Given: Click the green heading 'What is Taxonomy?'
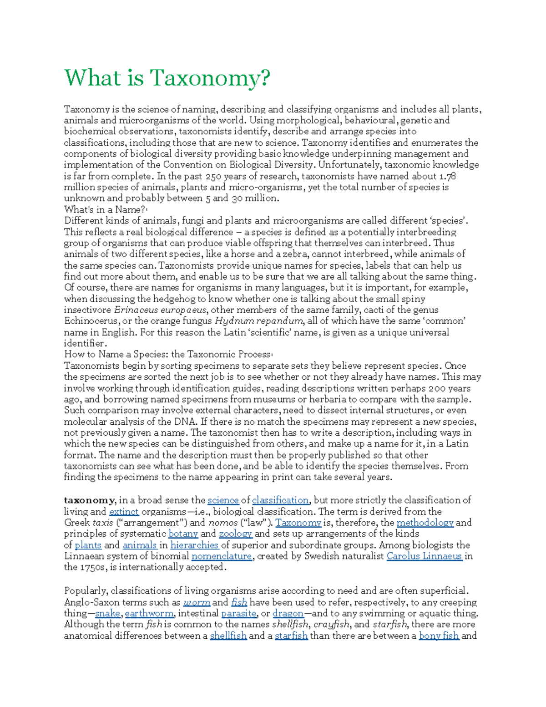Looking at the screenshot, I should pyautogui.click(x=167, y=78).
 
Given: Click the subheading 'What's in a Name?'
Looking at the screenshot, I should pyautogui.click(x=105, y=210).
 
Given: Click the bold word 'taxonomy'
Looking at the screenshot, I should pyautogui.click(x=89, y=500).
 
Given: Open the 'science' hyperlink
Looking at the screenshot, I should pyautogui.click(x=223, y=500).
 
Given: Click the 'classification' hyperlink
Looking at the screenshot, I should pyautogui.click(x=280, y=500).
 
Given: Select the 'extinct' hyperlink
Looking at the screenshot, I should pyautogui.click(x=124, y=512).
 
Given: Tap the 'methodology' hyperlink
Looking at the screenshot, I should pyautogui.click(x=425, y=523).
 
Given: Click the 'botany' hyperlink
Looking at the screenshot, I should pyautogui.click(x=183, y=534).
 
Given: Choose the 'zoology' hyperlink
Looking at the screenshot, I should pyautogui.click(x=235, y=534).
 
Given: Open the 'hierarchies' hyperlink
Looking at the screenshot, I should pyautogui.click(x=194, y=545).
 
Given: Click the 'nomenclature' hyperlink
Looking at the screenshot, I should pyautogui.click(x=222, y=556).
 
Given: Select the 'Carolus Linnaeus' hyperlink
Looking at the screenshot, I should pyautogui.click(x=424, y=556).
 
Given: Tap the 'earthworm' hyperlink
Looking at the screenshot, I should pyautogui.click(x=149, y=613).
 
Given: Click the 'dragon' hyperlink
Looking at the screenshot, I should pyautogui.click(x=288, y=613).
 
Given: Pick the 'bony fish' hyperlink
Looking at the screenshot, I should pyautogui.click(x=439, y=636).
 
